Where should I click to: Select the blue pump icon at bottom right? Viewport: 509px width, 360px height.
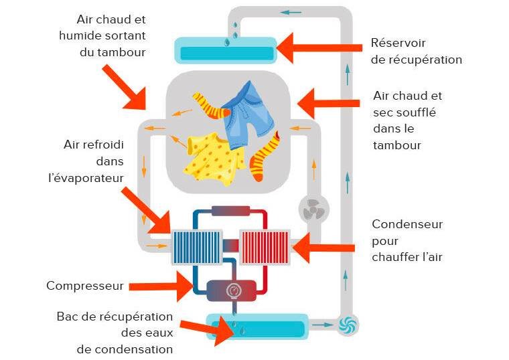pyautogui.click(x=348, y=325)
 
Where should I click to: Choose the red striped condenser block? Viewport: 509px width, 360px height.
pyautogui.click(x=264, y=248)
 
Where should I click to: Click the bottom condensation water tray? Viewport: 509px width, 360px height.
pyautogui.click(x=258, y=328)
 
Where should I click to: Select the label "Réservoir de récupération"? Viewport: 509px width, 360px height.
pyautogui.click(x=416, y=52)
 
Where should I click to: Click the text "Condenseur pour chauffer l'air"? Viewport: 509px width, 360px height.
pyautogui.click(x=407, y=240)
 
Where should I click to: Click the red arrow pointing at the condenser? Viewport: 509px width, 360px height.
pyautogui.click(x=324, y=248)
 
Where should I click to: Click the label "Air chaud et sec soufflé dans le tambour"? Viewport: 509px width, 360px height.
pyautogui.click(x=407, y=120)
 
